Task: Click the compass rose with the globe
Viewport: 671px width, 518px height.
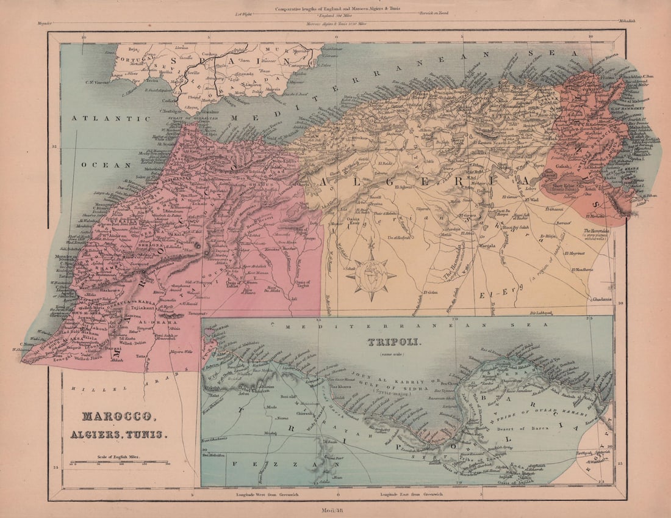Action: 371,275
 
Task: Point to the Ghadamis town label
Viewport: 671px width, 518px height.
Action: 597,299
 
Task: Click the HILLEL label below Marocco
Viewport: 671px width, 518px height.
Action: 82,388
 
